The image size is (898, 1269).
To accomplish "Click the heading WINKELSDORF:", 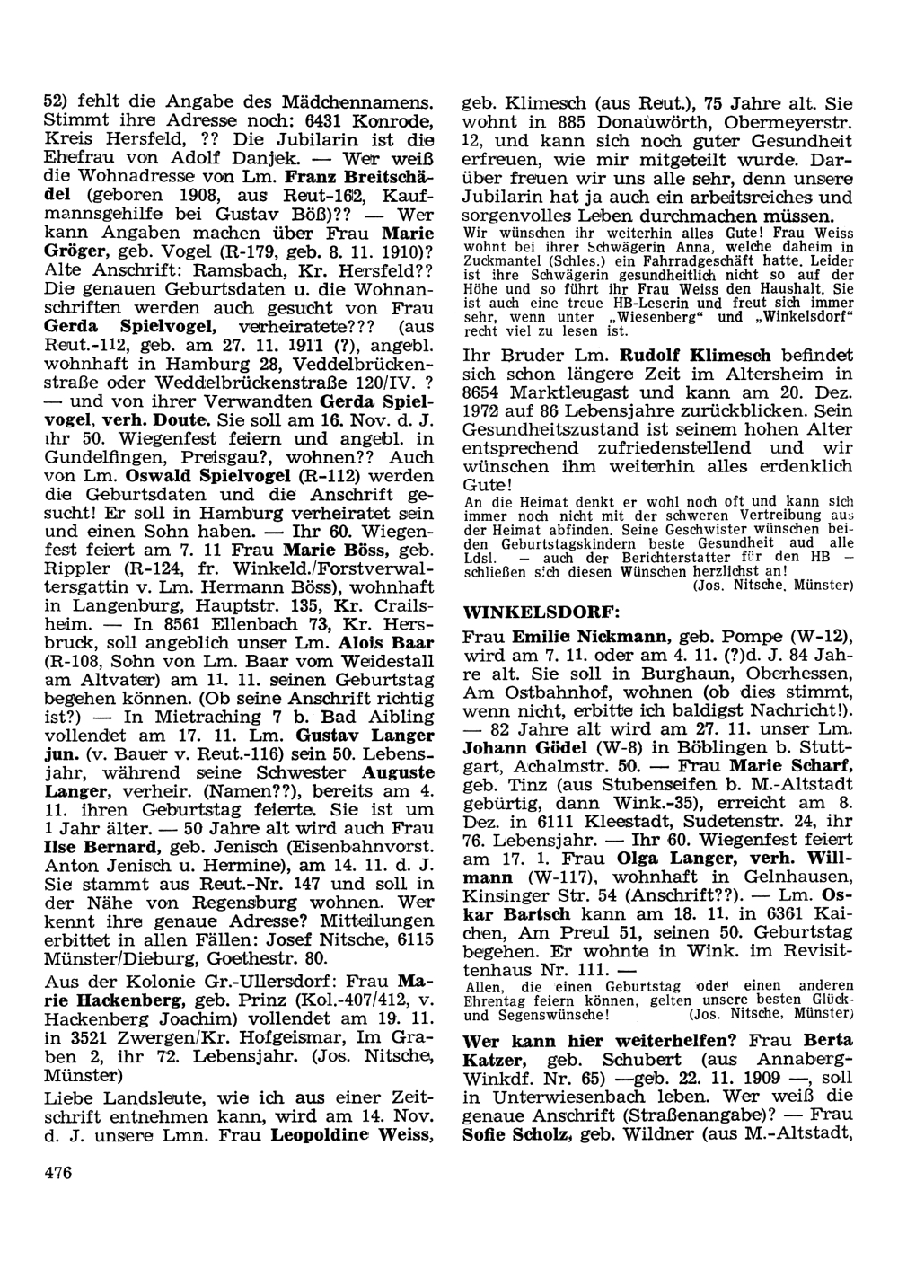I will pyautogui.click(x=541, y=612).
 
